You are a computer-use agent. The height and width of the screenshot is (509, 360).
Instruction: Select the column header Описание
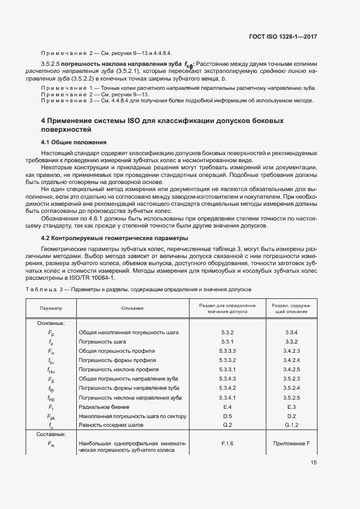[x=132, y=308]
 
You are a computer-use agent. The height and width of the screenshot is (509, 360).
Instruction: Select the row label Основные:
[x=51, y=323]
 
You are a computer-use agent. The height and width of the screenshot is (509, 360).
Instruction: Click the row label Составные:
[x=51, y=434]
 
